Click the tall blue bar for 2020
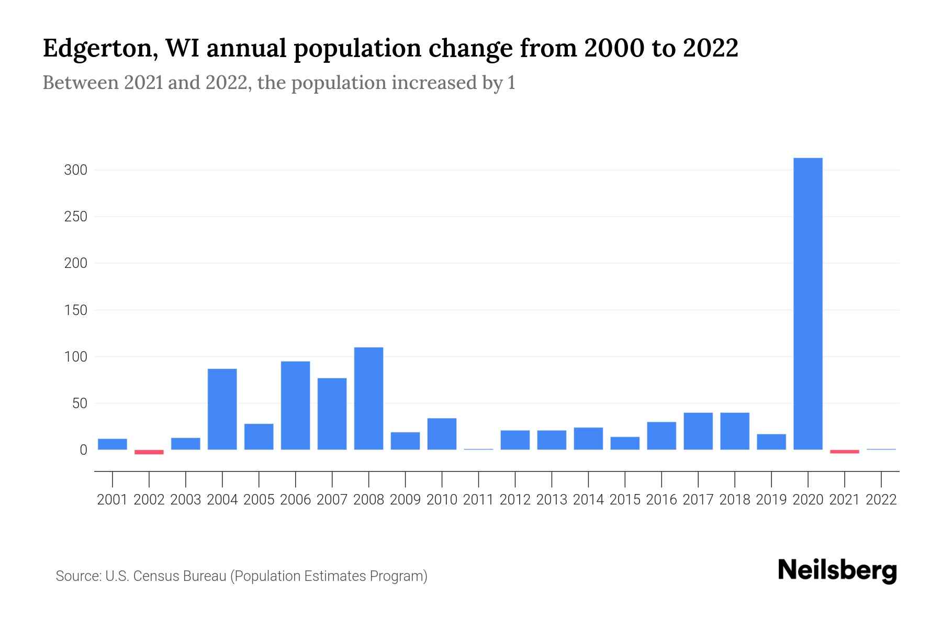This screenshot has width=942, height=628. [808, 304]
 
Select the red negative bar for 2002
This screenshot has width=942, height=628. [149, 452]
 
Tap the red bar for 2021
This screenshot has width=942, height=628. [844, 451]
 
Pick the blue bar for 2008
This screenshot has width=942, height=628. [368, 398]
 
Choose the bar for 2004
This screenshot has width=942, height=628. [222, 409]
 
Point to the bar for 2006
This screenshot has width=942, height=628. [295, 406]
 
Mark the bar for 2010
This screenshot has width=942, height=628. [442, 434]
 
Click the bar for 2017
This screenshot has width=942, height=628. [698, 431]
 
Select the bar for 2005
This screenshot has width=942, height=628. [259, 436]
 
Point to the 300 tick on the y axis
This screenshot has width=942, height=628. [75, 170]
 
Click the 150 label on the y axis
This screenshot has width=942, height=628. [75, 310]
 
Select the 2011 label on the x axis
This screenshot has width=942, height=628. [478, 500]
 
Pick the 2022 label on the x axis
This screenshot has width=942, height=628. [881, 500]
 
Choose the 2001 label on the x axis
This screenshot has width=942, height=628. [113, 500]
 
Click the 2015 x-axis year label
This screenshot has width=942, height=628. [625, 500]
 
